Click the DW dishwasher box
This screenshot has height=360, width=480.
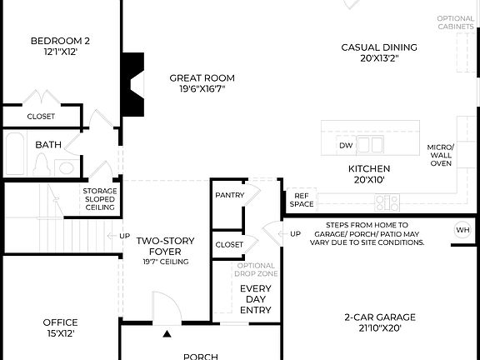coord(346,146)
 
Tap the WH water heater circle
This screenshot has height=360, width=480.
coord(462,230)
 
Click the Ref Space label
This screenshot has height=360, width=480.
coord(302,199)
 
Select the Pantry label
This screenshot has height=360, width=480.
coord(228,195)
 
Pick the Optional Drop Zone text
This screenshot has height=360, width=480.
coord(256,270)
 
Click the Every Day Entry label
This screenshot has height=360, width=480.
coord(256,299)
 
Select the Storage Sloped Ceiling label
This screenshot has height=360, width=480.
coord(100,197)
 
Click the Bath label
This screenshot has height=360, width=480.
coord(48,144)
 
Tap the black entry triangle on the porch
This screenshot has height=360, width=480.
coord(167,334)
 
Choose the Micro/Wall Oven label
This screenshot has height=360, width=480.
coord(440,155)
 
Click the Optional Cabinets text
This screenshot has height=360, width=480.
coord(457,22)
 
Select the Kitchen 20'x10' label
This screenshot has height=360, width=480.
coord(368,173)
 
